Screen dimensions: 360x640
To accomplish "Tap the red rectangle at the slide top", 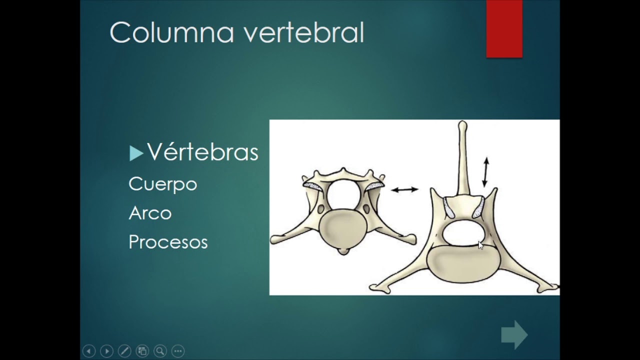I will click(x=504, y=28).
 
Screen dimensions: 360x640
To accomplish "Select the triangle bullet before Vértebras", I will click(x=136, y=153).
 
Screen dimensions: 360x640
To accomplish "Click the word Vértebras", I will click(x=202, y=152).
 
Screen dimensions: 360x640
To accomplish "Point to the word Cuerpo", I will click(x=163, y=184).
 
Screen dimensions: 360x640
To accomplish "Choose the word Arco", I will click(x=150, y=213).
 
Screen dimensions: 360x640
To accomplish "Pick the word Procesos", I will click(x=168, y=242).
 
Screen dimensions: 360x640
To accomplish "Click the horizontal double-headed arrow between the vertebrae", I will click(x=404, y=189).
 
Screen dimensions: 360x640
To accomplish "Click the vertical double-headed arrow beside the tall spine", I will click(x=485, y=172).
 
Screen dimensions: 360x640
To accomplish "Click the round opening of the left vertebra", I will click(x=343, y=195).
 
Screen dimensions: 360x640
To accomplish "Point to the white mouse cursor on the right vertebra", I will click(x=480, y=245).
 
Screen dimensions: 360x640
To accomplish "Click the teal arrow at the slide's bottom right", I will click(x=514, y=334).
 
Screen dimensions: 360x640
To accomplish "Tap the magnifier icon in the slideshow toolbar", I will click(x=160, y=351).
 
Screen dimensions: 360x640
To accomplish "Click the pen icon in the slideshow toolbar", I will click(x=124, y=351).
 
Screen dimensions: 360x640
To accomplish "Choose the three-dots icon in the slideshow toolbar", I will click(x=178, y=351).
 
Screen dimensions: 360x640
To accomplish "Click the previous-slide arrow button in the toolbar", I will click(x=88, y=351).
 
